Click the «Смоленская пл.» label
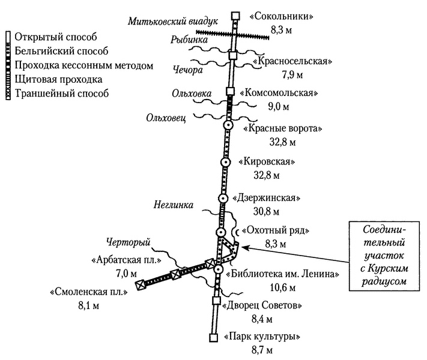pos(89,293)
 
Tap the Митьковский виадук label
pos(162,22)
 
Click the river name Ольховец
pos(167,118)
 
